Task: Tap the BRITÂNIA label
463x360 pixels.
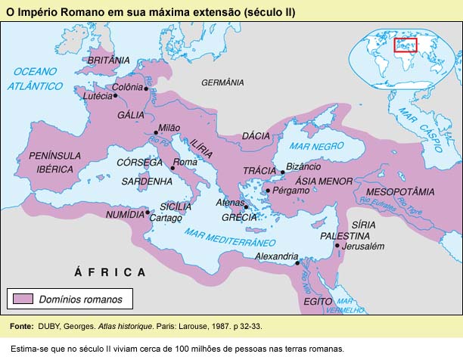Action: (x=109, y=60)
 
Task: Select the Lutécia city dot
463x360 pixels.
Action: (x=115, y=96)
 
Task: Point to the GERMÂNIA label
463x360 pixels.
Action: (x=222, y=82)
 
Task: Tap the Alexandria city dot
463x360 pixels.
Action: (x=297, y=263)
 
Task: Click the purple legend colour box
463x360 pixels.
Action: (x=23, y=299)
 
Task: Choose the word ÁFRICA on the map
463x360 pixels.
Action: (x=109, y=272)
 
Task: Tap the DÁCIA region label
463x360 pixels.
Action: (x=256, y=135)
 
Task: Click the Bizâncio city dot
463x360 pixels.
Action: (x=283, y=172)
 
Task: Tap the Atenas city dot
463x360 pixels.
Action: (x=245, y=206)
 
